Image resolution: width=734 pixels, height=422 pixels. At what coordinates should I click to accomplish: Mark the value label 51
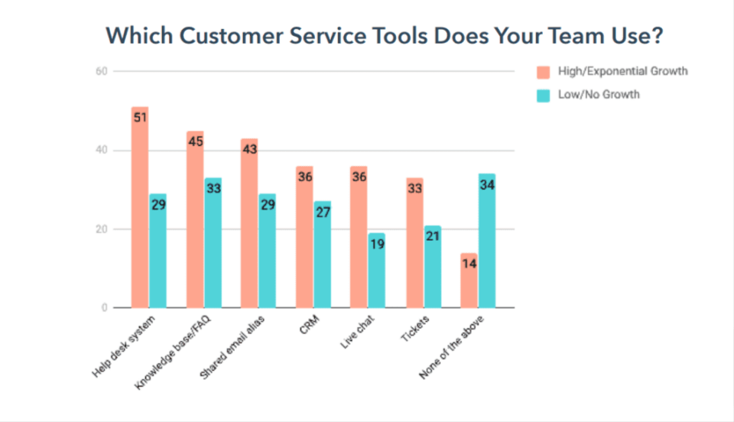click(140, 118)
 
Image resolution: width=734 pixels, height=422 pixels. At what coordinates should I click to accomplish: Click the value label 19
click(376, 245)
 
